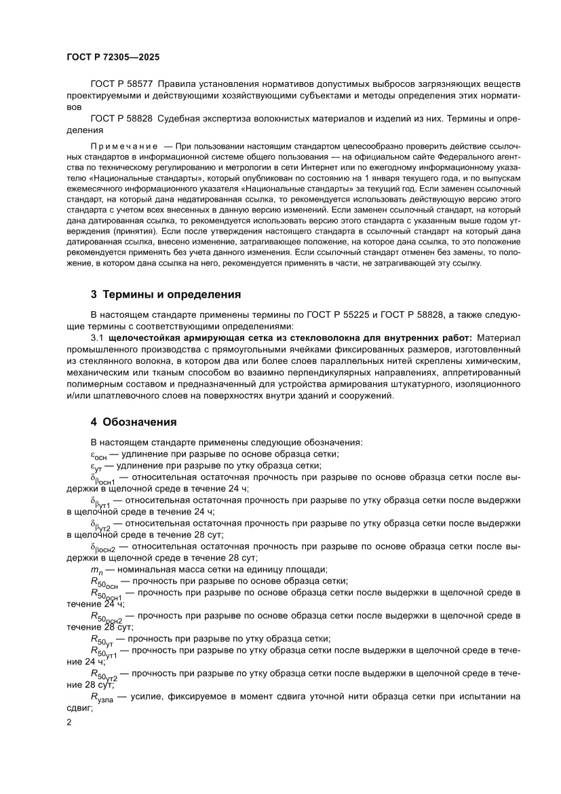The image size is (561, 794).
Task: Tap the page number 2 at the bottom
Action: [x=69, y=722]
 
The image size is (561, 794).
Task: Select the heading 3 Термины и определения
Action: [x=166, y=295]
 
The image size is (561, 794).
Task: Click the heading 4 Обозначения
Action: [x=134, y=422]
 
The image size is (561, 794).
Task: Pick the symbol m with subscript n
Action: [x=96, y=569]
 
